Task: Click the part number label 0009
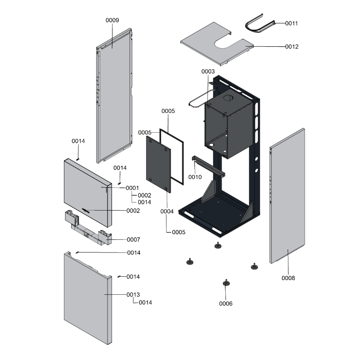coord(112,20)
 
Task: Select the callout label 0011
coord(291,23)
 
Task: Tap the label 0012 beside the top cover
coord(291,46)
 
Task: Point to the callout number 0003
coord(208,72)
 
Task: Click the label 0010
coord(195,177)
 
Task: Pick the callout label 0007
coord(133,239)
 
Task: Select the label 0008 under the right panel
coord(288,278)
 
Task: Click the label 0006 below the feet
coord(226,303)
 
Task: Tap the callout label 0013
coord(133,294)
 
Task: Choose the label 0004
coord(167,211)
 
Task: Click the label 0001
coord(132,188)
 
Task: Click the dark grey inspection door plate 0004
coord(158,164)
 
